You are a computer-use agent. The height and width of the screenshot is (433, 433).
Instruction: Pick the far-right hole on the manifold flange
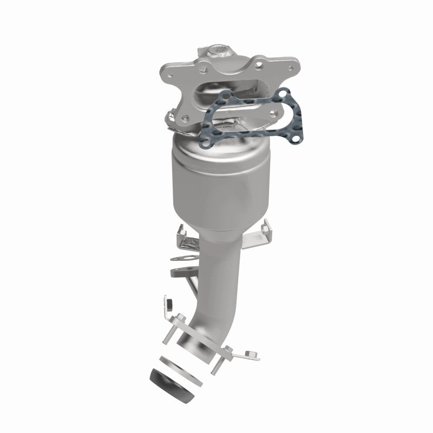coord(292,68)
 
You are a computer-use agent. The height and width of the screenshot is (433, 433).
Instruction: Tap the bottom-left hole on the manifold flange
coord(187,116)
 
